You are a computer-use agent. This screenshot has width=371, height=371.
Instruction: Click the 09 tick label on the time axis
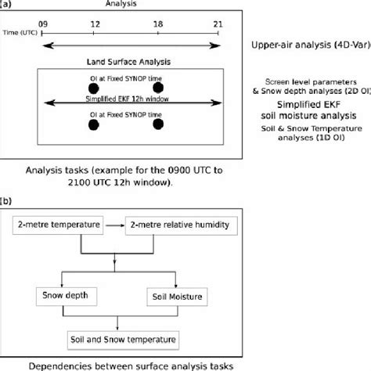click(45, 25)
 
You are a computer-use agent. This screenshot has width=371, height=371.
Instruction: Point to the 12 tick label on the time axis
click(94, 25)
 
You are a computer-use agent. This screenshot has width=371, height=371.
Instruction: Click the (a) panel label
click(7, 4)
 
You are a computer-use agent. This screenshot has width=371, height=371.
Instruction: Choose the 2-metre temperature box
click(60, 226)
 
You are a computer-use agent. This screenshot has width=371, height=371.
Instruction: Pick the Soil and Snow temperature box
click(118, 340)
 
